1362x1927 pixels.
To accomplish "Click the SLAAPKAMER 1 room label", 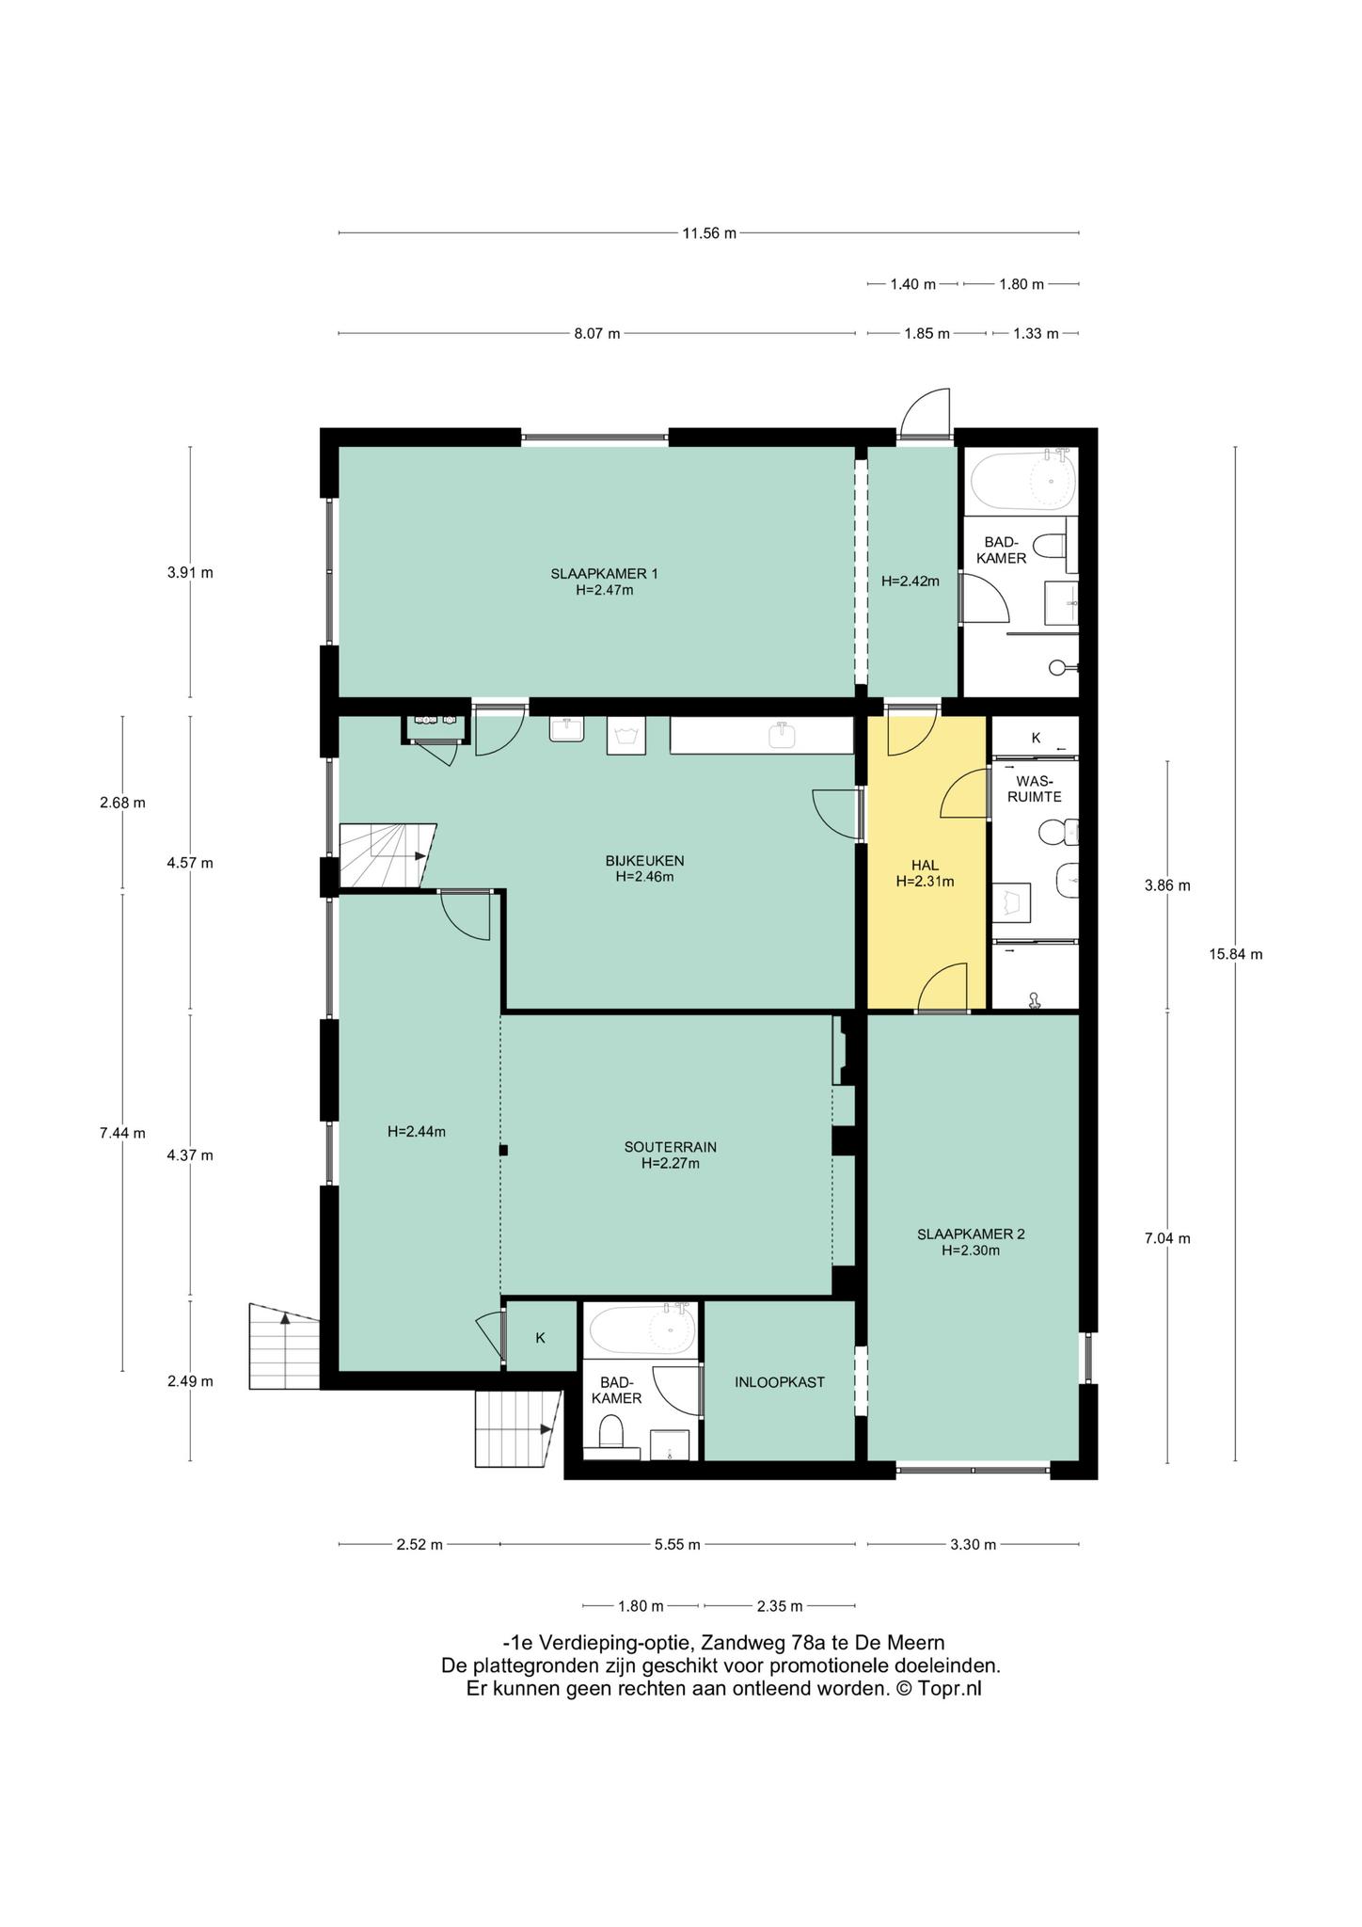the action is point(604,573).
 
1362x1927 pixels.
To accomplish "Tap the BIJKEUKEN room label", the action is point(644,860).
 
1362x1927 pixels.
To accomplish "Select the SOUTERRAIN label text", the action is point(671,1147).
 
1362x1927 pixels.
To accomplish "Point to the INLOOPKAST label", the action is point(780,1382).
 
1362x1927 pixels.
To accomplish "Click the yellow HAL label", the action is point(925,866).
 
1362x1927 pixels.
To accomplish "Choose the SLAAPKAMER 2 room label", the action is point(971,1234).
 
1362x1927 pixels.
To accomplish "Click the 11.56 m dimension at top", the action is point(709,233).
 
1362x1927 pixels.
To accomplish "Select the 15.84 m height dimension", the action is point(1235,954).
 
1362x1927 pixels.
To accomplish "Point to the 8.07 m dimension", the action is point(597,333).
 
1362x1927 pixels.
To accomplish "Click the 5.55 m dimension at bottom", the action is point(677,1544).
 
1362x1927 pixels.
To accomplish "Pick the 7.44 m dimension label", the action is point(122,1133).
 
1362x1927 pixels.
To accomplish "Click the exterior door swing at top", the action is point(926,414).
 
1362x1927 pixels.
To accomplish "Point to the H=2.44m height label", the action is point(416,1132).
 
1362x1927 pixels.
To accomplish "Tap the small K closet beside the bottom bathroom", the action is point(541,1337).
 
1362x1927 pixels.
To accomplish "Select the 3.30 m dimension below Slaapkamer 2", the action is point(973,1544).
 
